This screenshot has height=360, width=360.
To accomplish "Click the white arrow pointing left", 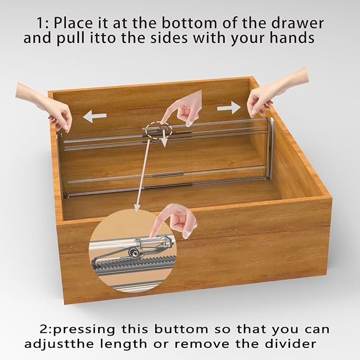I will [95, 116].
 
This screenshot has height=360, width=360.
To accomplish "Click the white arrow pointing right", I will [229, 108].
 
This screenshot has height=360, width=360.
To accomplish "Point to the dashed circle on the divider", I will [157, 130].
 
